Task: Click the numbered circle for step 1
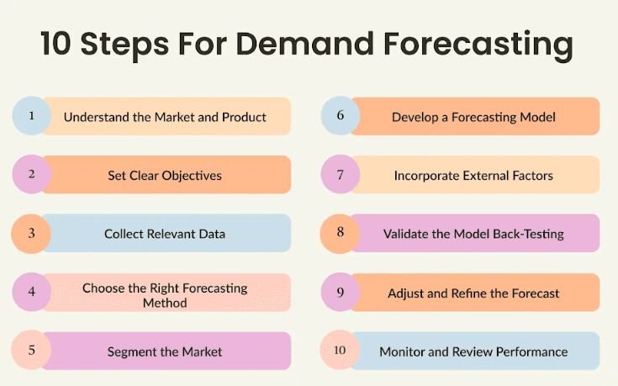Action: pyautogui.click(x=32, y=116)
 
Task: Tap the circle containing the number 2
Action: pyautogui.click(x=32, y=174)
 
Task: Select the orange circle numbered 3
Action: pyautogui.click(x=31, y=234)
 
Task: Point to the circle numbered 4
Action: pyautogui.click(x=32, y=292)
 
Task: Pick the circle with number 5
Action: pyautogui.click(x=31, y=350)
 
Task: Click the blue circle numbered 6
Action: pyautogui.click(x=341, y=116)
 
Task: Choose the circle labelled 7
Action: pyautogui.click(x=341, y=174)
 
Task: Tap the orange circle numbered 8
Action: pyautogui.click(x=340, y=234)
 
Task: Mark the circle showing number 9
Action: pyautogui.click(x=341, y=292)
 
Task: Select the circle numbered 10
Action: pyautogui.click(x=340, y=350)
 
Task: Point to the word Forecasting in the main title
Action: pyautogui.click(x=478, y=45)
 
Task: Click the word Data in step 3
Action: pyautogui.click(x=212, y=234)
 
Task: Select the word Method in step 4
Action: pyautogui.click(x=165, y=303)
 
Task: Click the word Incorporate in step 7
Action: pyautogui.click(x=426, y=176)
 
